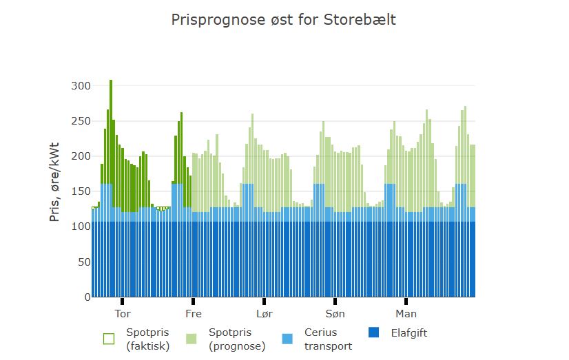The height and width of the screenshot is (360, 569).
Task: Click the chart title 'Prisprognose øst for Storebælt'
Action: pyautogui.click(x=283, y=20)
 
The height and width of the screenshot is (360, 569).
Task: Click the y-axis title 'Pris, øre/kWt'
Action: pyautogui.click(x=54, y=182)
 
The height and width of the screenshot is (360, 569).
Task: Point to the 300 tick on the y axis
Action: pyautogui.click(x=81, y=86)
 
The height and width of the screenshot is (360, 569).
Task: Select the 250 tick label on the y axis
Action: pyautogui.click(x=81, y=121)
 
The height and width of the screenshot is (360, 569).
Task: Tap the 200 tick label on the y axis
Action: pyautogui.click(x=81, y=156)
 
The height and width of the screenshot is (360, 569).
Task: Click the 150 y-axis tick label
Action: pyautogui.click(x=81, y=191)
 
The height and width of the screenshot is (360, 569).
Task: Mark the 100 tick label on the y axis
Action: pyautogui.click(x=81, y=227)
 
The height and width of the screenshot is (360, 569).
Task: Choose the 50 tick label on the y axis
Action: pyautogui.click(x=83, y=262)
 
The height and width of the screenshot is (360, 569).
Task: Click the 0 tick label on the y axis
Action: pyautogui.click(x=87, y=297)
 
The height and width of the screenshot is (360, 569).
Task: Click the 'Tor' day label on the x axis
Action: pyautogui.click(x=123, y=314)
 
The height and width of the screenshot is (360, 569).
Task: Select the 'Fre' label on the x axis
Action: pyautogui.click(x=194, y=314)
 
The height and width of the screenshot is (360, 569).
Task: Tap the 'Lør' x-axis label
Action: pyautogui.click(x=265, y=314)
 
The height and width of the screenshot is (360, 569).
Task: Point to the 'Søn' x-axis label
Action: pyautogui.click(x=335, y=314)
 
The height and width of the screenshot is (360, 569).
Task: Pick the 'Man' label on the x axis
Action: pyautogui.click(x=406, y=314)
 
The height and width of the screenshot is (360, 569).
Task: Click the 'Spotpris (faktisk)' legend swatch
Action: pyautogui.click(x=109, y=339)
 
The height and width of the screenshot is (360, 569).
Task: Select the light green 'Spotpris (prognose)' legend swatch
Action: pyautogui.click(x=192, y=339)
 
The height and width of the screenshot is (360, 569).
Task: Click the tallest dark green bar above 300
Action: pyautogui.click(x=111, y=138)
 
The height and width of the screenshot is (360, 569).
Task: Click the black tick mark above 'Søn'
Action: pyautogui.click(x=335, y=301)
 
